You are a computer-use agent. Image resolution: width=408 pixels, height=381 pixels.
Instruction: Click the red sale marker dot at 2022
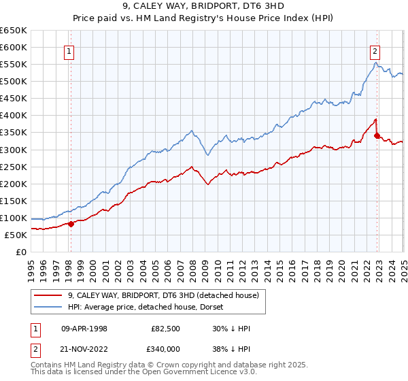pyautogui.click(x=377, y=136)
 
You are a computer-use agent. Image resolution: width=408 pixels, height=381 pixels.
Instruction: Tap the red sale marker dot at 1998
pyautogui.click(x=71, y=224)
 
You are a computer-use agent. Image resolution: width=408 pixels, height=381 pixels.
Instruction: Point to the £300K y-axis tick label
pyautogui.click(x=14, y=150)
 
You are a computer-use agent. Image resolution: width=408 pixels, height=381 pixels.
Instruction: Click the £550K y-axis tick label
pyautogui.click(x=14, y=65)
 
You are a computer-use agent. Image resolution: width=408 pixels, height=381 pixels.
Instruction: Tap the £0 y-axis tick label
pyautogui.click(x=22, y=252)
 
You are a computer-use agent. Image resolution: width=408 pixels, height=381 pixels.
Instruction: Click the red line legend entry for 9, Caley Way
pyautogui.click(x=163, y=295)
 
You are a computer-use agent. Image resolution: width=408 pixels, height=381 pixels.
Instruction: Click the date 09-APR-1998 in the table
pyautogui.click(x=84, y=329)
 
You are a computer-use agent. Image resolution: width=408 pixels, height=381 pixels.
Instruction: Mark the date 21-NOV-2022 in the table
pyautogui.click(x=84, y=348)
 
